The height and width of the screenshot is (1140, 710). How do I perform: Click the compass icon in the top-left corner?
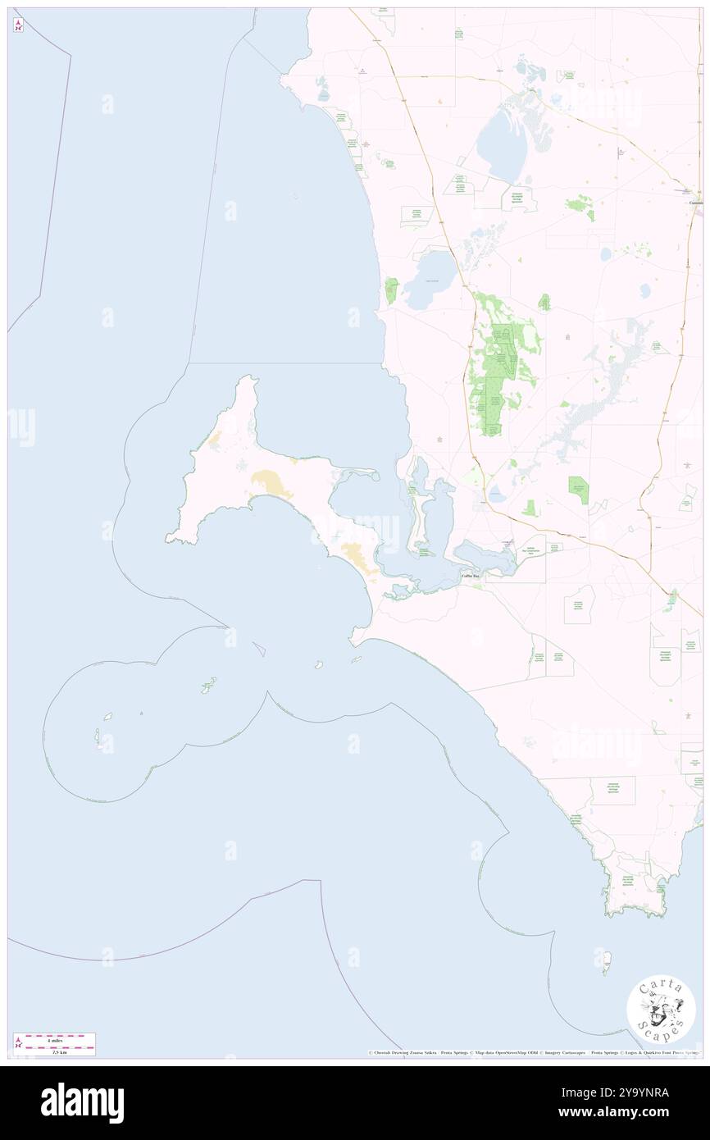(18, 25)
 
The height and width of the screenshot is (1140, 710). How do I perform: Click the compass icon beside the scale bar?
(18, 1044)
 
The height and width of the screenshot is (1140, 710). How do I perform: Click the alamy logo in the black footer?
(82, 1101)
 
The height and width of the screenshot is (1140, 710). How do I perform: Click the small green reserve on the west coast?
(391, 289)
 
